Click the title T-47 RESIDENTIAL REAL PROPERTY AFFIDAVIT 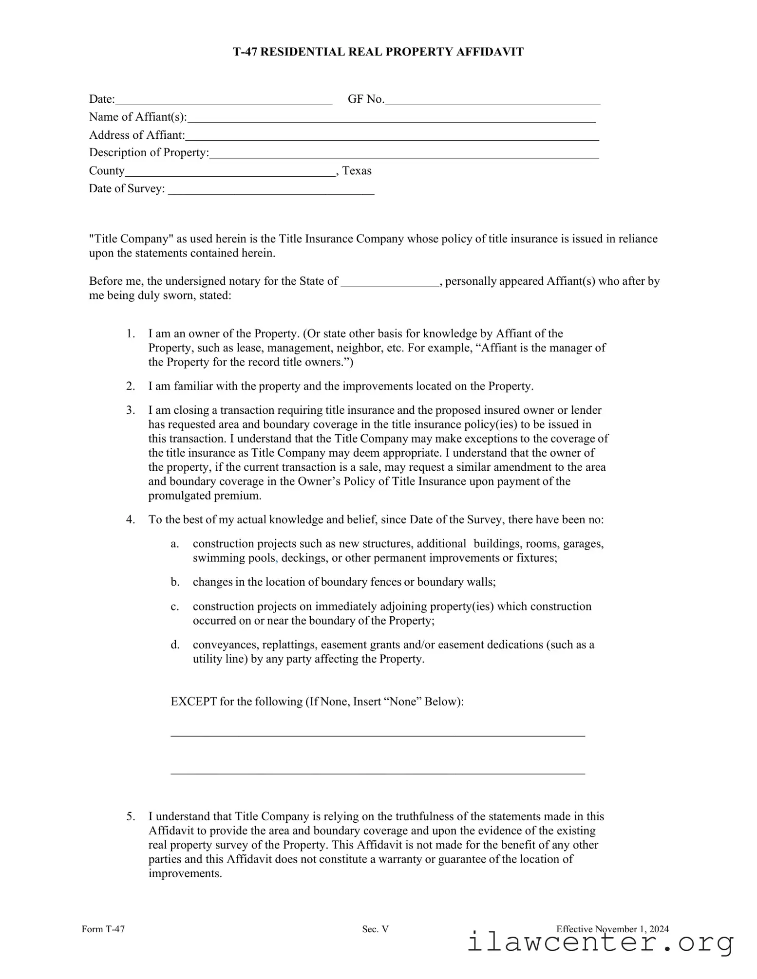378,52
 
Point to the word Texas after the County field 357,171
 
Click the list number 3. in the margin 131,410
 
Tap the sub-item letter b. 175,582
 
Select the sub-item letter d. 175,645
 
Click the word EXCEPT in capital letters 193,702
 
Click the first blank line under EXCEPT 378,736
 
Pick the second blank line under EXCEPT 378,773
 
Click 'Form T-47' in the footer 103,929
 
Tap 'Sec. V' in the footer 375,929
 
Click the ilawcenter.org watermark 600,942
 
